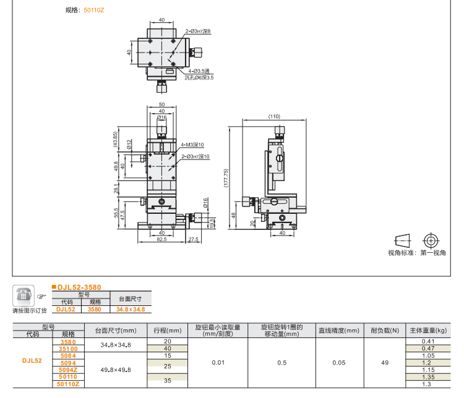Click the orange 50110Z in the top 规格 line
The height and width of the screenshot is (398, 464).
point(94,10)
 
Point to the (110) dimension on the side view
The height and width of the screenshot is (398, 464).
point(274,116)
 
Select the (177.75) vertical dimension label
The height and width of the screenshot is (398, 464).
point(226,178)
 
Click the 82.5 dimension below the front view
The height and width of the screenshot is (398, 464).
point(161,239)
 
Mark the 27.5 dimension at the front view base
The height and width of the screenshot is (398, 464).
point(192,239)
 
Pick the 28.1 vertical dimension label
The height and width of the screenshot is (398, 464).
point(116,188)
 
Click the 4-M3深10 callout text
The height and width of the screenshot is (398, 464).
point(192,145)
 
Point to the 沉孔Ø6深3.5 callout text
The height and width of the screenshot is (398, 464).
point(199,78)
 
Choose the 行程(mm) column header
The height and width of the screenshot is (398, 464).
point(167,330)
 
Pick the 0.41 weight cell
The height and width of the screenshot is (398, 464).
point(428,341)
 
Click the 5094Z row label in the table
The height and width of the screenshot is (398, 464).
point(68,370)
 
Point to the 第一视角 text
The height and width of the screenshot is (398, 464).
point(433,253)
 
